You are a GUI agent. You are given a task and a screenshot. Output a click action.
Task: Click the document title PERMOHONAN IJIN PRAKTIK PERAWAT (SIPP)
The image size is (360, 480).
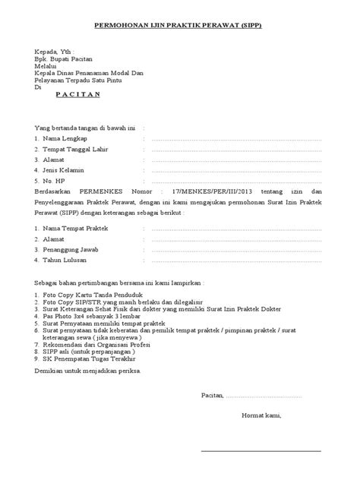tap(180, 25)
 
